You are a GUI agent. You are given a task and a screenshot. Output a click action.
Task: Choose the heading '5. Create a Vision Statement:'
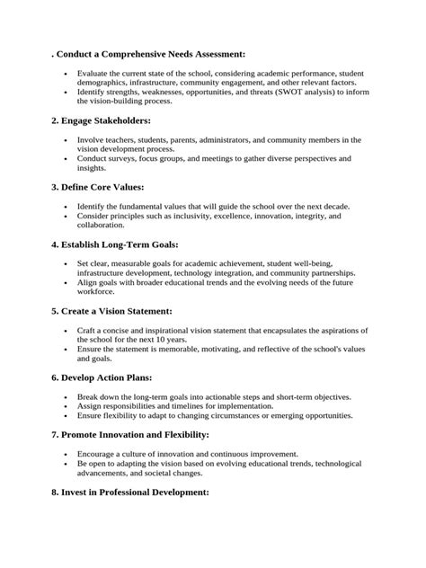[x=115, y=311]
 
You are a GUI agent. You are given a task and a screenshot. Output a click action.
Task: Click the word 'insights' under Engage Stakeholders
[x=93, y=168]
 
